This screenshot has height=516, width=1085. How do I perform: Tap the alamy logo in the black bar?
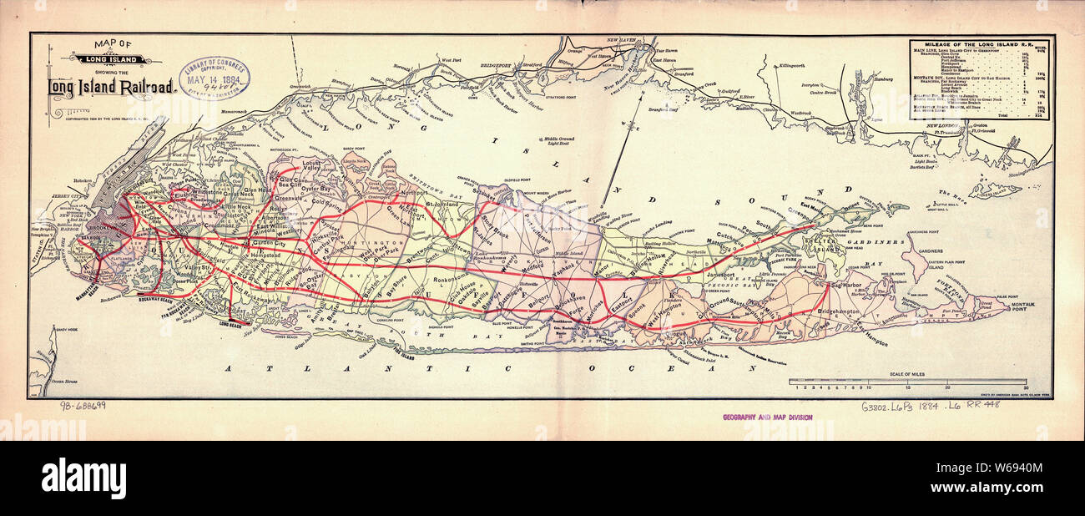(83, 478)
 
